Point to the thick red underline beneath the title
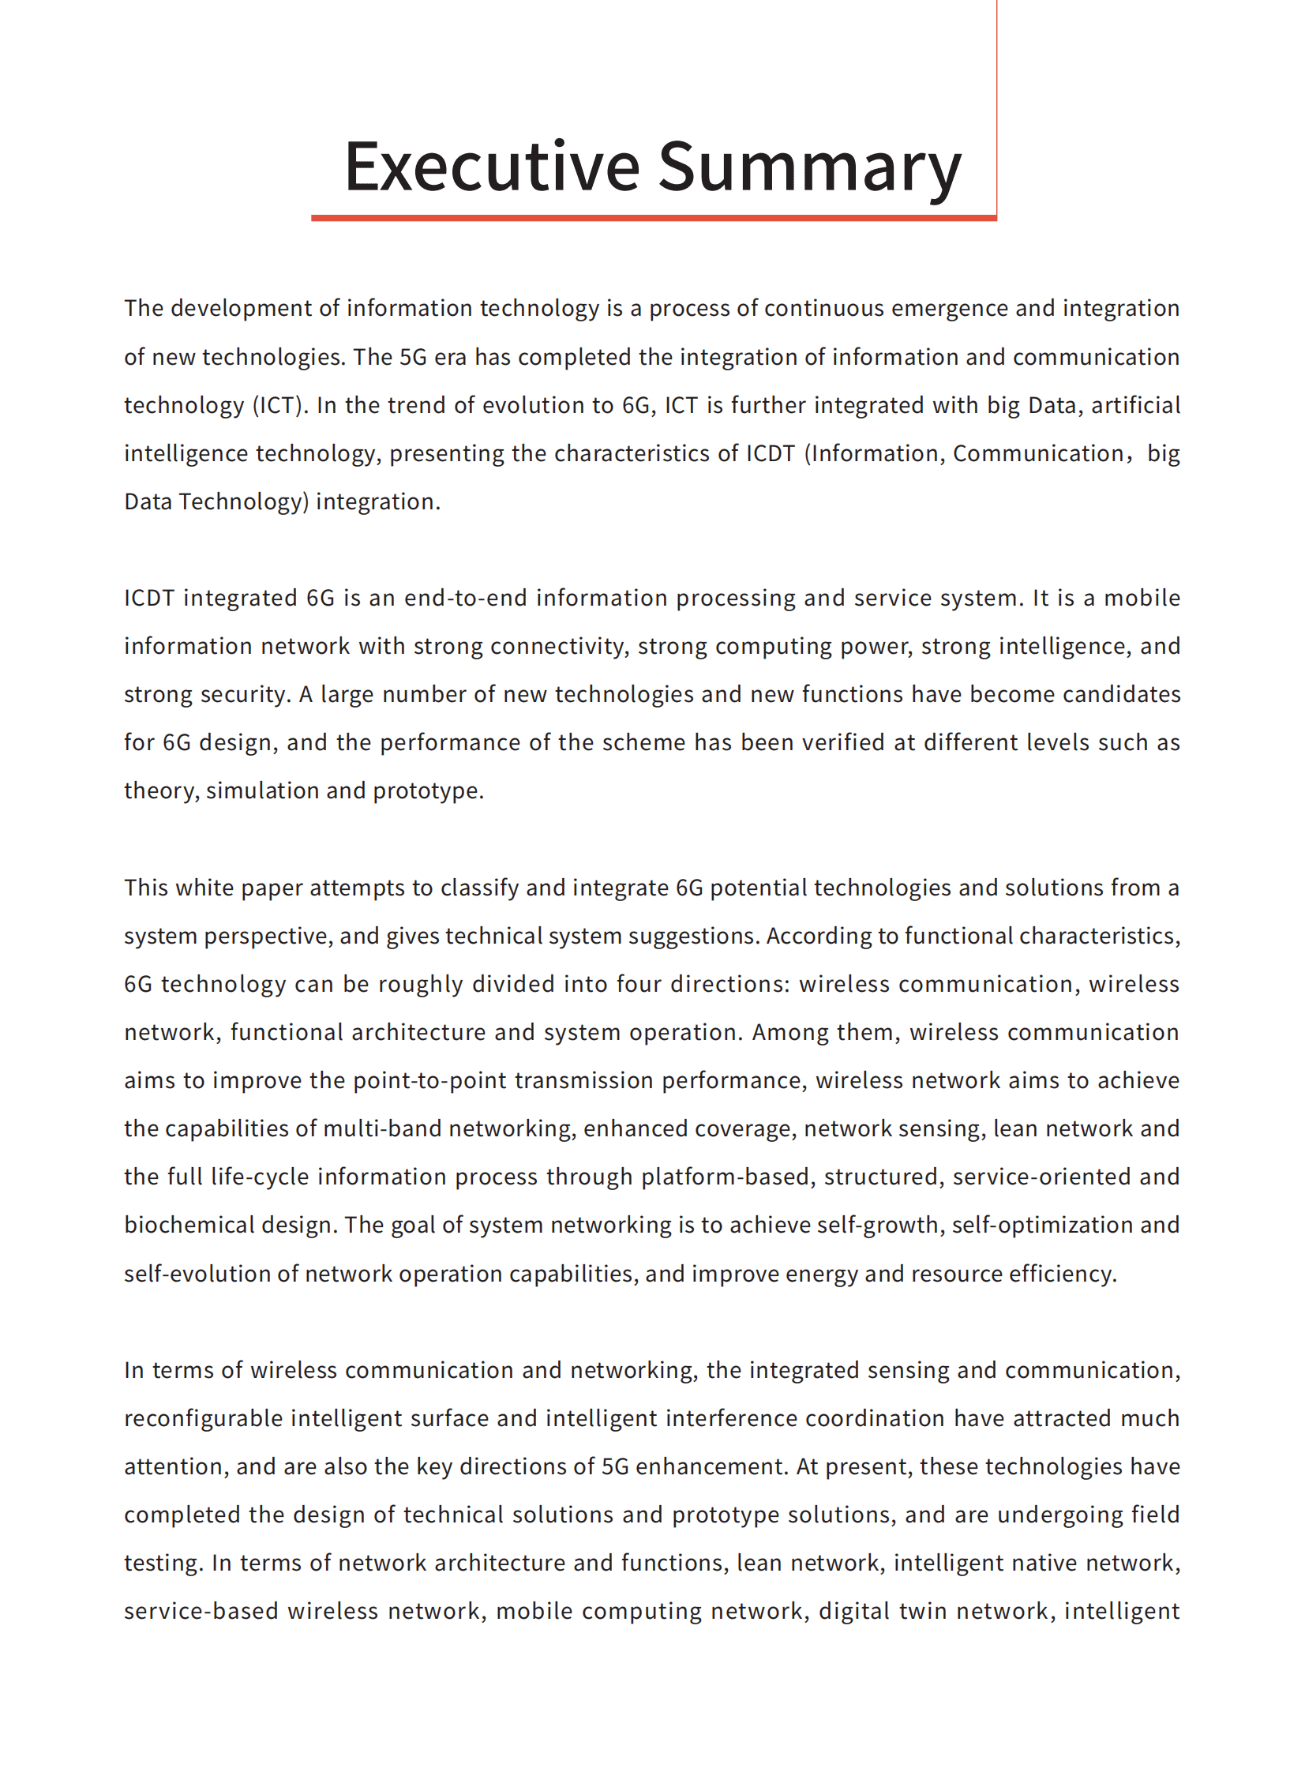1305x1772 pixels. (654, 217)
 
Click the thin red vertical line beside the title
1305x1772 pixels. (996, 103)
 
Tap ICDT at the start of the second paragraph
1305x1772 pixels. (148, 598)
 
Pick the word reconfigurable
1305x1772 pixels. (203, 1419)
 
